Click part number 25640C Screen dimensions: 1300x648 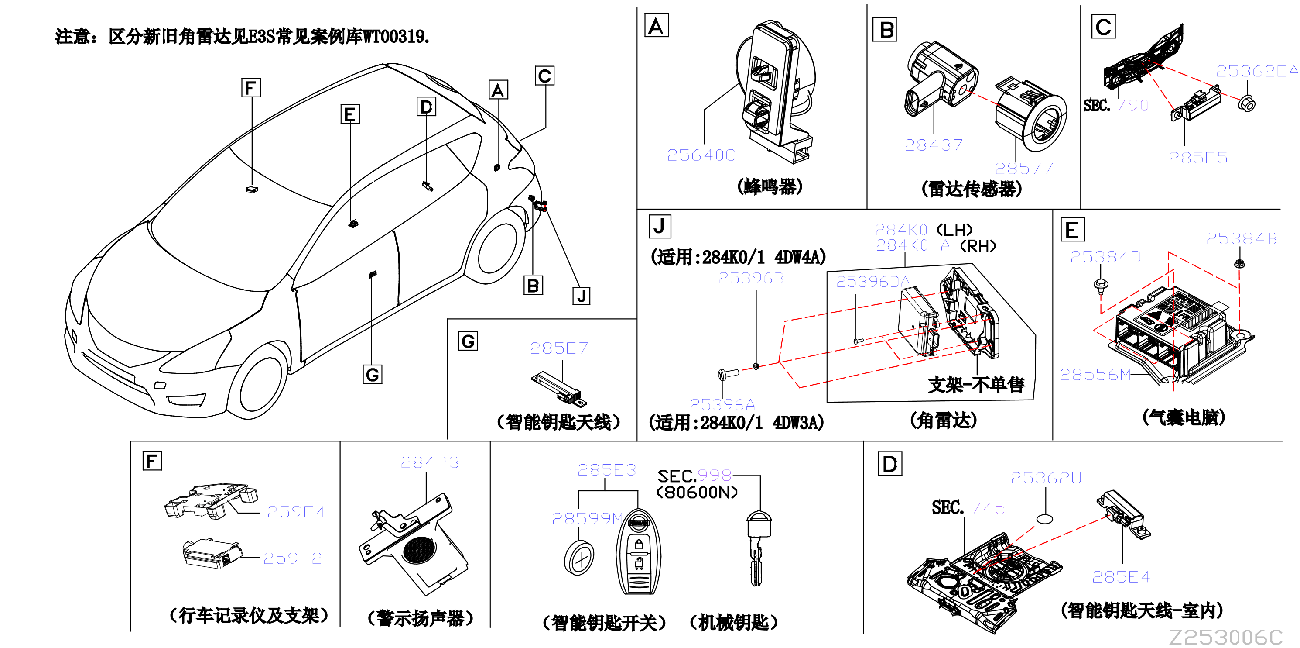pos(701,155)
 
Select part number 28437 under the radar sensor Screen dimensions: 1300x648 pos(933,145)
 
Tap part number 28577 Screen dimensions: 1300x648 pos(1024,168)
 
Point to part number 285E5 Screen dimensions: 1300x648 pos(1198,158)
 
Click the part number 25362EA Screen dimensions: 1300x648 pos(1257,71)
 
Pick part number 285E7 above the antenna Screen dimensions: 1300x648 pos(559,348)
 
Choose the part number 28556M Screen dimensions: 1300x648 pos(1095,374)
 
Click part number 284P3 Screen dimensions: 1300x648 pos(430,462)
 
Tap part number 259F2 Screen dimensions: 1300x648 pos(292,558)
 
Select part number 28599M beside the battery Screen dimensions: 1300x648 pos(588,519)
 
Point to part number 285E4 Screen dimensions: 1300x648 pos(1121,577)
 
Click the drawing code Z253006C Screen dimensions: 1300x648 pos(1226,638)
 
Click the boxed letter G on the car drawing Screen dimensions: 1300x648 pos(373,375)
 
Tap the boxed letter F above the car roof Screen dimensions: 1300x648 pos(251,88)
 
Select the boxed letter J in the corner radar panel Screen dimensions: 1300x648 pos(660,226)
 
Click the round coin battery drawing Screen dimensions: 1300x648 pos(579,558)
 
